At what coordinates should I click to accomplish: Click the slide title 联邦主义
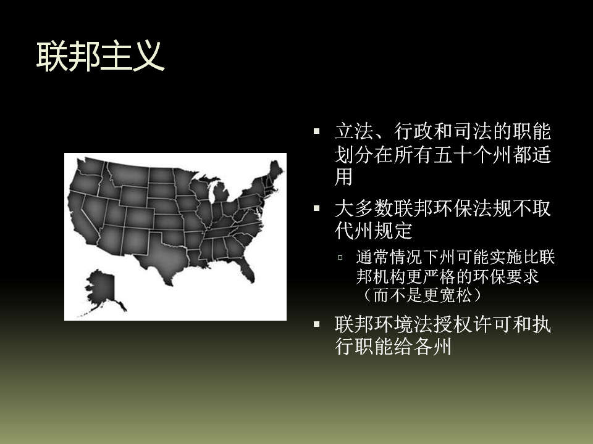pyautogui.click(x=100, y=56)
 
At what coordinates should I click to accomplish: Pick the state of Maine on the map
pyautogui.click(x=276, y=171)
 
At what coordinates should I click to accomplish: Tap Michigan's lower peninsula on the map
pyautogui.click(x=221, y=192)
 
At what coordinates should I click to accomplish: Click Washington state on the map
pyautogui.click(x=91, y=166)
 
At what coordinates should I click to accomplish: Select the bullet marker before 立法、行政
pyautogui.click(x=316, y=131)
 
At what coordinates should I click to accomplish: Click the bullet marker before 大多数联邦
pyautogui.click(x=316, y=208)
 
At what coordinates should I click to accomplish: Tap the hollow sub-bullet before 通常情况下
pyautogui.click(x=340, y=258)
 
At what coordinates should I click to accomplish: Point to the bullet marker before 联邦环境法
pyautogui.click(x=316, y=324)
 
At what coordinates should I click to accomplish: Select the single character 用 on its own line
pyautogui.click(x=344, y=177)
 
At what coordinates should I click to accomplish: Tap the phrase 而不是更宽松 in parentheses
pyautogui.click(x=423, y=295)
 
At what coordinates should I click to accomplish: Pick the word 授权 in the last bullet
pyautogui.click(x=453, y=324)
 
